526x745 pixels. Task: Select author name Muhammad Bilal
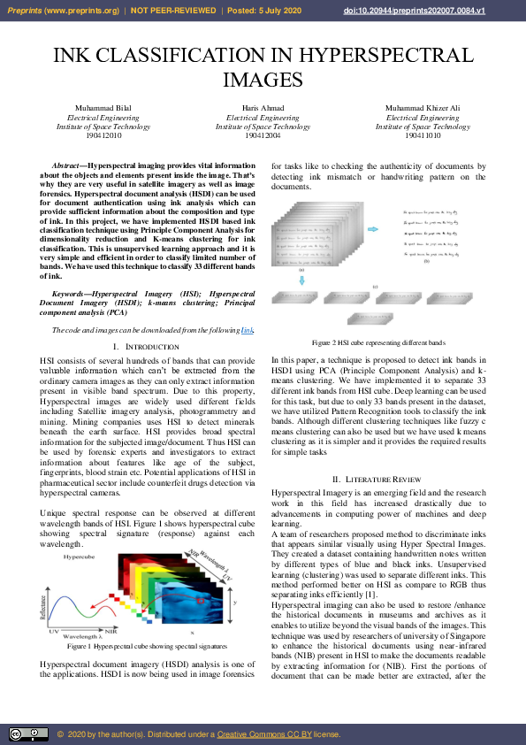click(x=103, y=108)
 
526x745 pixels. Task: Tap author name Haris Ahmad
click(x=263, y=108)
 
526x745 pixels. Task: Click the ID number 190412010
click(x=103, y=136)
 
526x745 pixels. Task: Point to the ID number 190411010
click(x=423, y=136)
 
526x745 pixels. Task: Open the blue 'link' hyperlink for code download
click(x=248, y=330)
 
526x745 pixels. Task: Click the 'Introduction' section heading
click(x=147, y=346)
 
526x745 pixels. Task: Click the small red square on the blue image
click(x=201, y=602)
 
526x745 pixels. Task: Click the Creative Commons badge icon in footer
click(x=28, y=734)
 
